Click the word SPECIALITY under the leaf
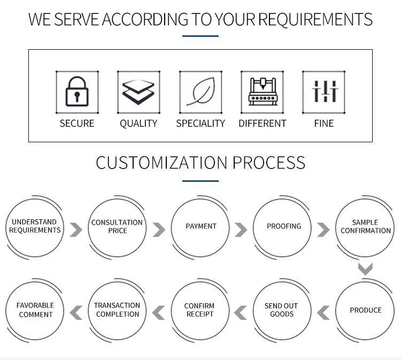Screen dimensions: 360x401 point(200,124)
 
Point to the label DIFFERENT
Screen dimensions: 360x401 point(262,124)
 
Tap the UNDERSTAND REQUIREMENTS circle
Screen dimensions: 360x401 point(35,226)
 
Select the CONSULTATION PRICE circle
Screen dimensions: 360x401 point(117,227)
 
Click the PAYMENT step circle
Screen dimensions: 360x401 point(200,227)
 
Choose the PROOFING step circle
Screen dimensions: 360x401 point(283,227)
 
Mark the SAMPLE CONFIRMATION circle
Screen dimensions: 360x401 point(365,227)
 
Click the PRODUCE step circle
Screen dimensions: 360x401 point(365,310)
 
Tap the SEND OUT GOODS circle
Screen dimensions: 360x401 point(282,310)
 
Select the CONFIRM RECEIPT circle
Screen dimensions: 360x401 point(199,310)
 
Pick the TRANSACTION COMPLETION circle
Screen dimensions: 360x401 point(117,310)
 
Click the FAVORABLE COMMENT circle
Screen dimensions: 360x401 point(36,310)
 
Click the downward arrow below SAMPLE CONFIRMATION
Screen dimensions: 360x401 point(365,269)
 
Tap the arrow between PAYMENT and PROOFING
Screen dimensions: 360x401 point(241,230)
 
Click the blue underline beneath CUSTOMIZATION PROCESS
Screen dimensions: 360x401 point(200,181)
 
